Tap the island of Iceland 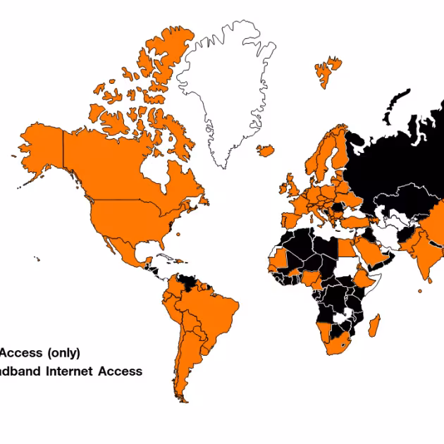click(266, 149)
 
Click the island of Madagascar click(374, 325)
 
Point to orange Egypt click(347, 248)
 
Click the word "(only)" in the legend click(63, 352)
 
